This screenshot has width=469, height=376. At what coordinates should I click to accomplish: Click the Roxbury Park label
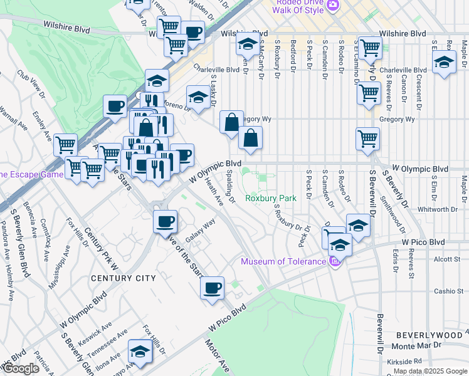click(x=270, y=198)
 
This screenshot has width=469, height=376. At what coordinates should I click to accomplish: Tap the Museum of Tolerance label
click(x=283, y=261)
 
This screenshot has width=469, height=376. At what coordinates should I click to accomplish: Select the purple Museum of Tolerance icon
click(x=334, y=261)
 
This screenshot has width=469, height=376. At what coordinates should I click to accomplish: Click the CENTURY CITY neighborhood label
click(x=122, y=278)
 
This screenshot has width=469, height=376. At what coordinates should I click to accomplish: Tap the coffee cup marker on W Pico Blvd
click(x=212, y=288)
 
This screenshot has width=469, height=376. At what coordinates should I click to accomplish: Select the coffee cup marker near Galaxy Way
click(x=166, y=222)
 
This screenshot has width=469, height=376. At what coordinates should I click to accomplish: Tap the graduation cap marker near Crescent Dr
click(x=444, y=62)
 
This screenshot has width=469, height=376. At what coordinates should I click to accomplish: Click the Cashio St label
click(x=448, y=291)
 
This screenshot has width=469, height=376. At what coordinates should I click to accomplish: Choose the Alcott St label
click(x=447, y=258)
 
